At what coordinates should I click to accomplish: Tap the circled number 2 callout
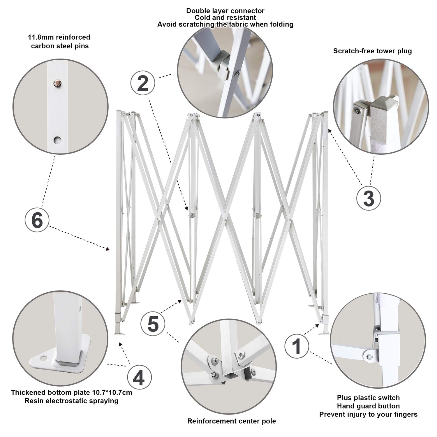142,83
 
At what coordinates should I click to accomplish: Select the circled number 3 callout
369,198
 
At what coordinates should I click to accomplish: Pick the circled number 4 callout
139,378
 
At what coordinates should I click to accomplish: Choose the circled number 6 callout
37,220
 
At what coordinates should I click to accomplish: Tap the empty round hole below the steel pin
57,140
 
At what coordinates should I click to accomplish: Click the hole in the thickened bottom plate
43,357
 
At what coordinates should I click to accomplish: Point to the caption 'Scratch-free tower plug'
372,51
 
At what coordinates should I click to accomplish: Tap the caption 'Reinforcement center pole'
232,421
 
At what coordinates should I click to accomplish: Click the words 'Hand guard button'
368,406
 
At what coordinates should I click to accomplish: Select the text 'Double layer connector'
225,11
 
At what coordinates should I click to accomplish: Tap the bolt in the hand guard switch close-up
369,356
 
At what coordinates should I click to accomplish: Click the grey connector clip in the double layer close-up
221,64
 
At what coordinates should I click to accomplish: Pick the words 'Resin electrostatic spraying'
71,401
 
